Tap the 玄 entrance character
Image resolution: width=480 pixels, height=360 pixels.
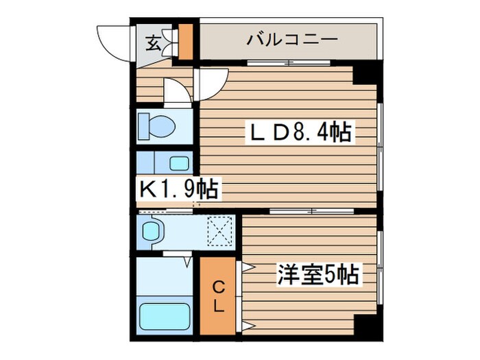click(x=154, y=44)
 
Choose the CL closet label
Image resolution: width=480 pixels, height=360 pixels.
click(x=217, y=295)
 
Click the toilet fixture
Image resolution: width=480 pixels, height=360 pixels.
click(x=156, y=125)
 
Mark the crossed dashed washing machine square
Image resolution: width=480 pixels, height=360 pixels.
click(x=221, y=230)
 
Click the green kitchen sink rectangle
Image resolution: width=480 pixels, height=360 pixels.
click(x=180, y=163)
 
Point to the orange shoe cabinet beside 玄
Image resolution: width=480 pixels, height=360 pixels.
click(x=186, y=43)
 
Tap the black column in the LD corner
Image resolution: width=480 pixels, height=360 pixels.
click(x=367, y=72)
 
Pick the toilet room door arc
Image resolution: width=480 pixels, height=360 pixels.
click(x=177, y=91)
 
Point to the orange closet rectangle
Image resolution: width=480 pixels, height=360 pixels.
click(x=217, y=295)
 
